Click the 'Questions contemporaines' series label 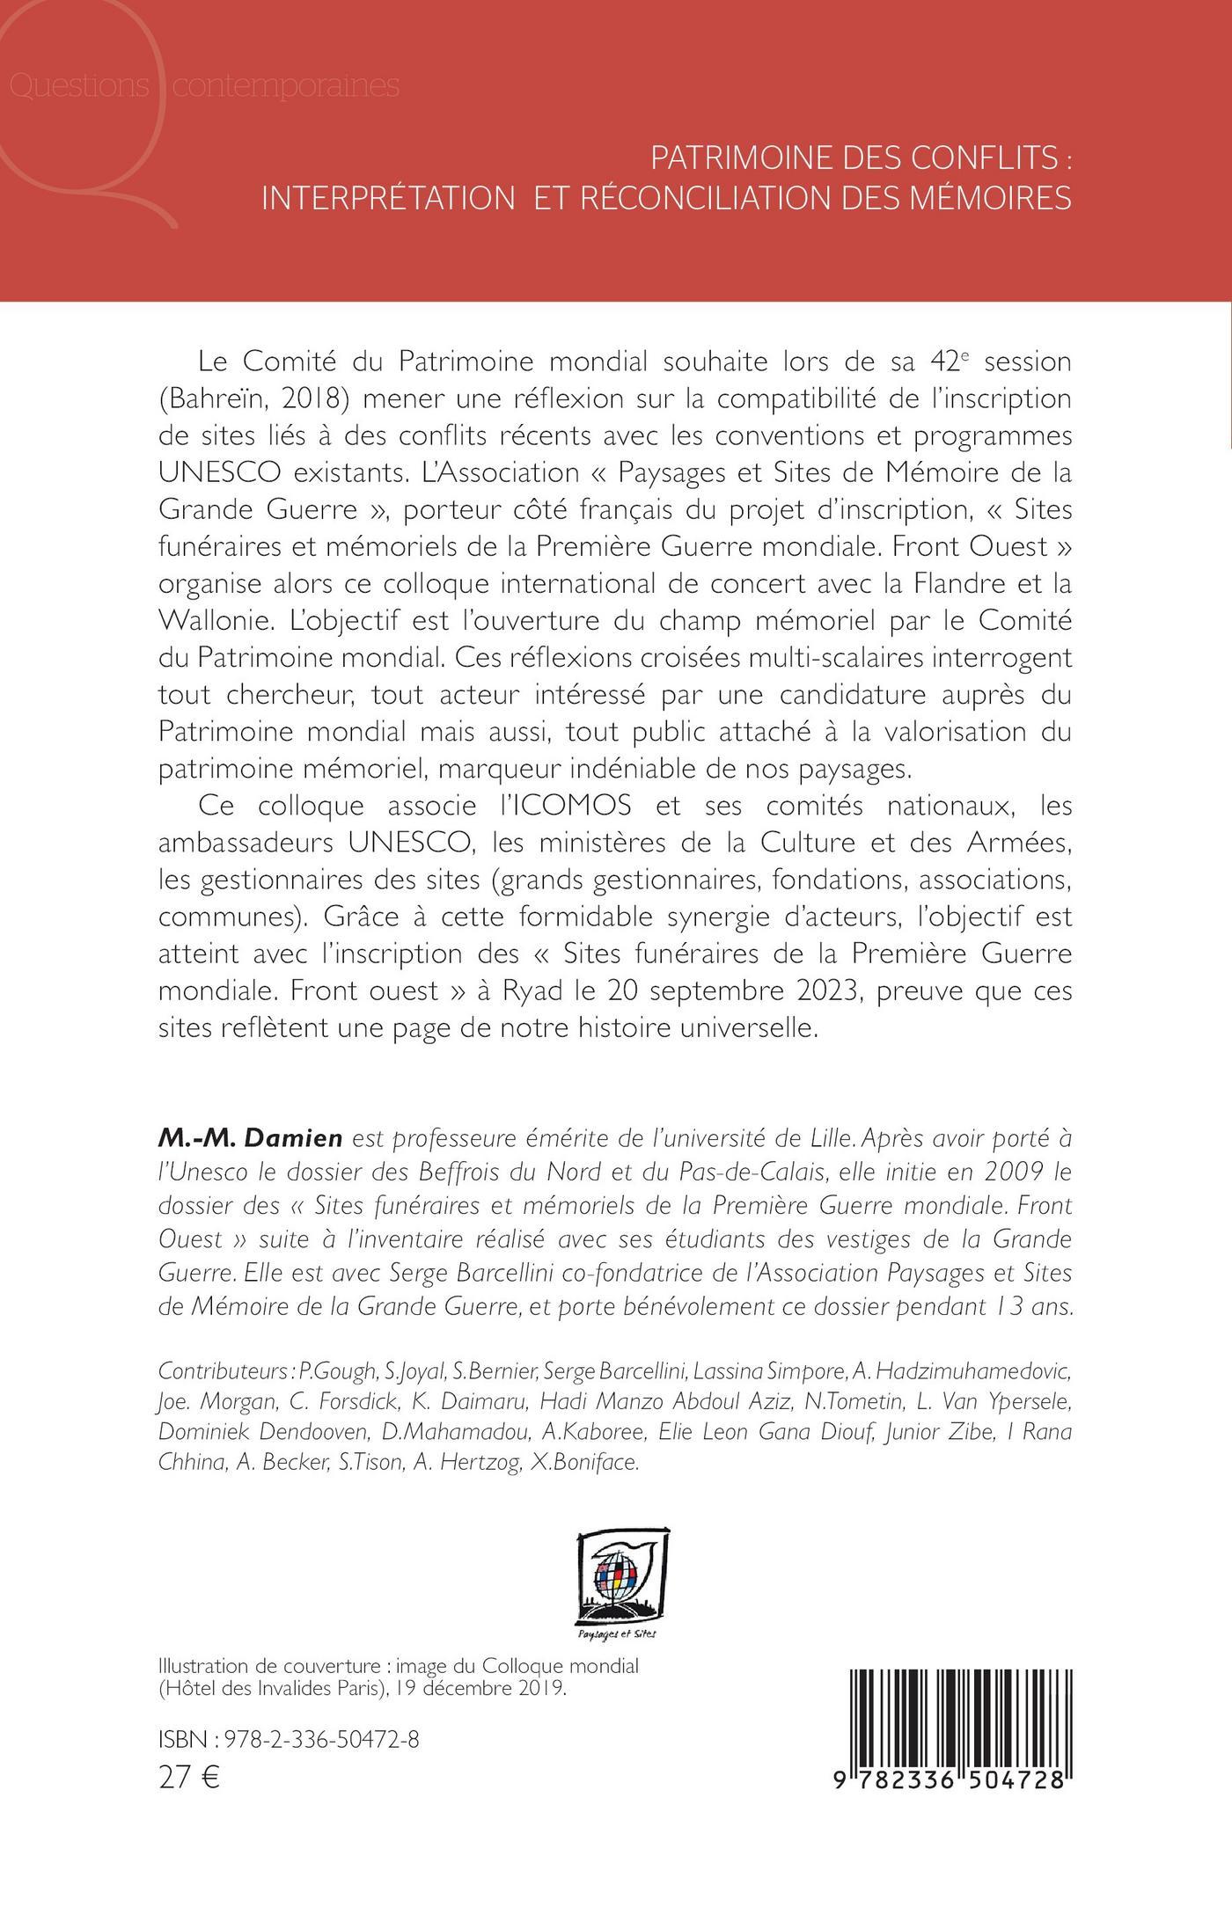pos(202,86)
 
